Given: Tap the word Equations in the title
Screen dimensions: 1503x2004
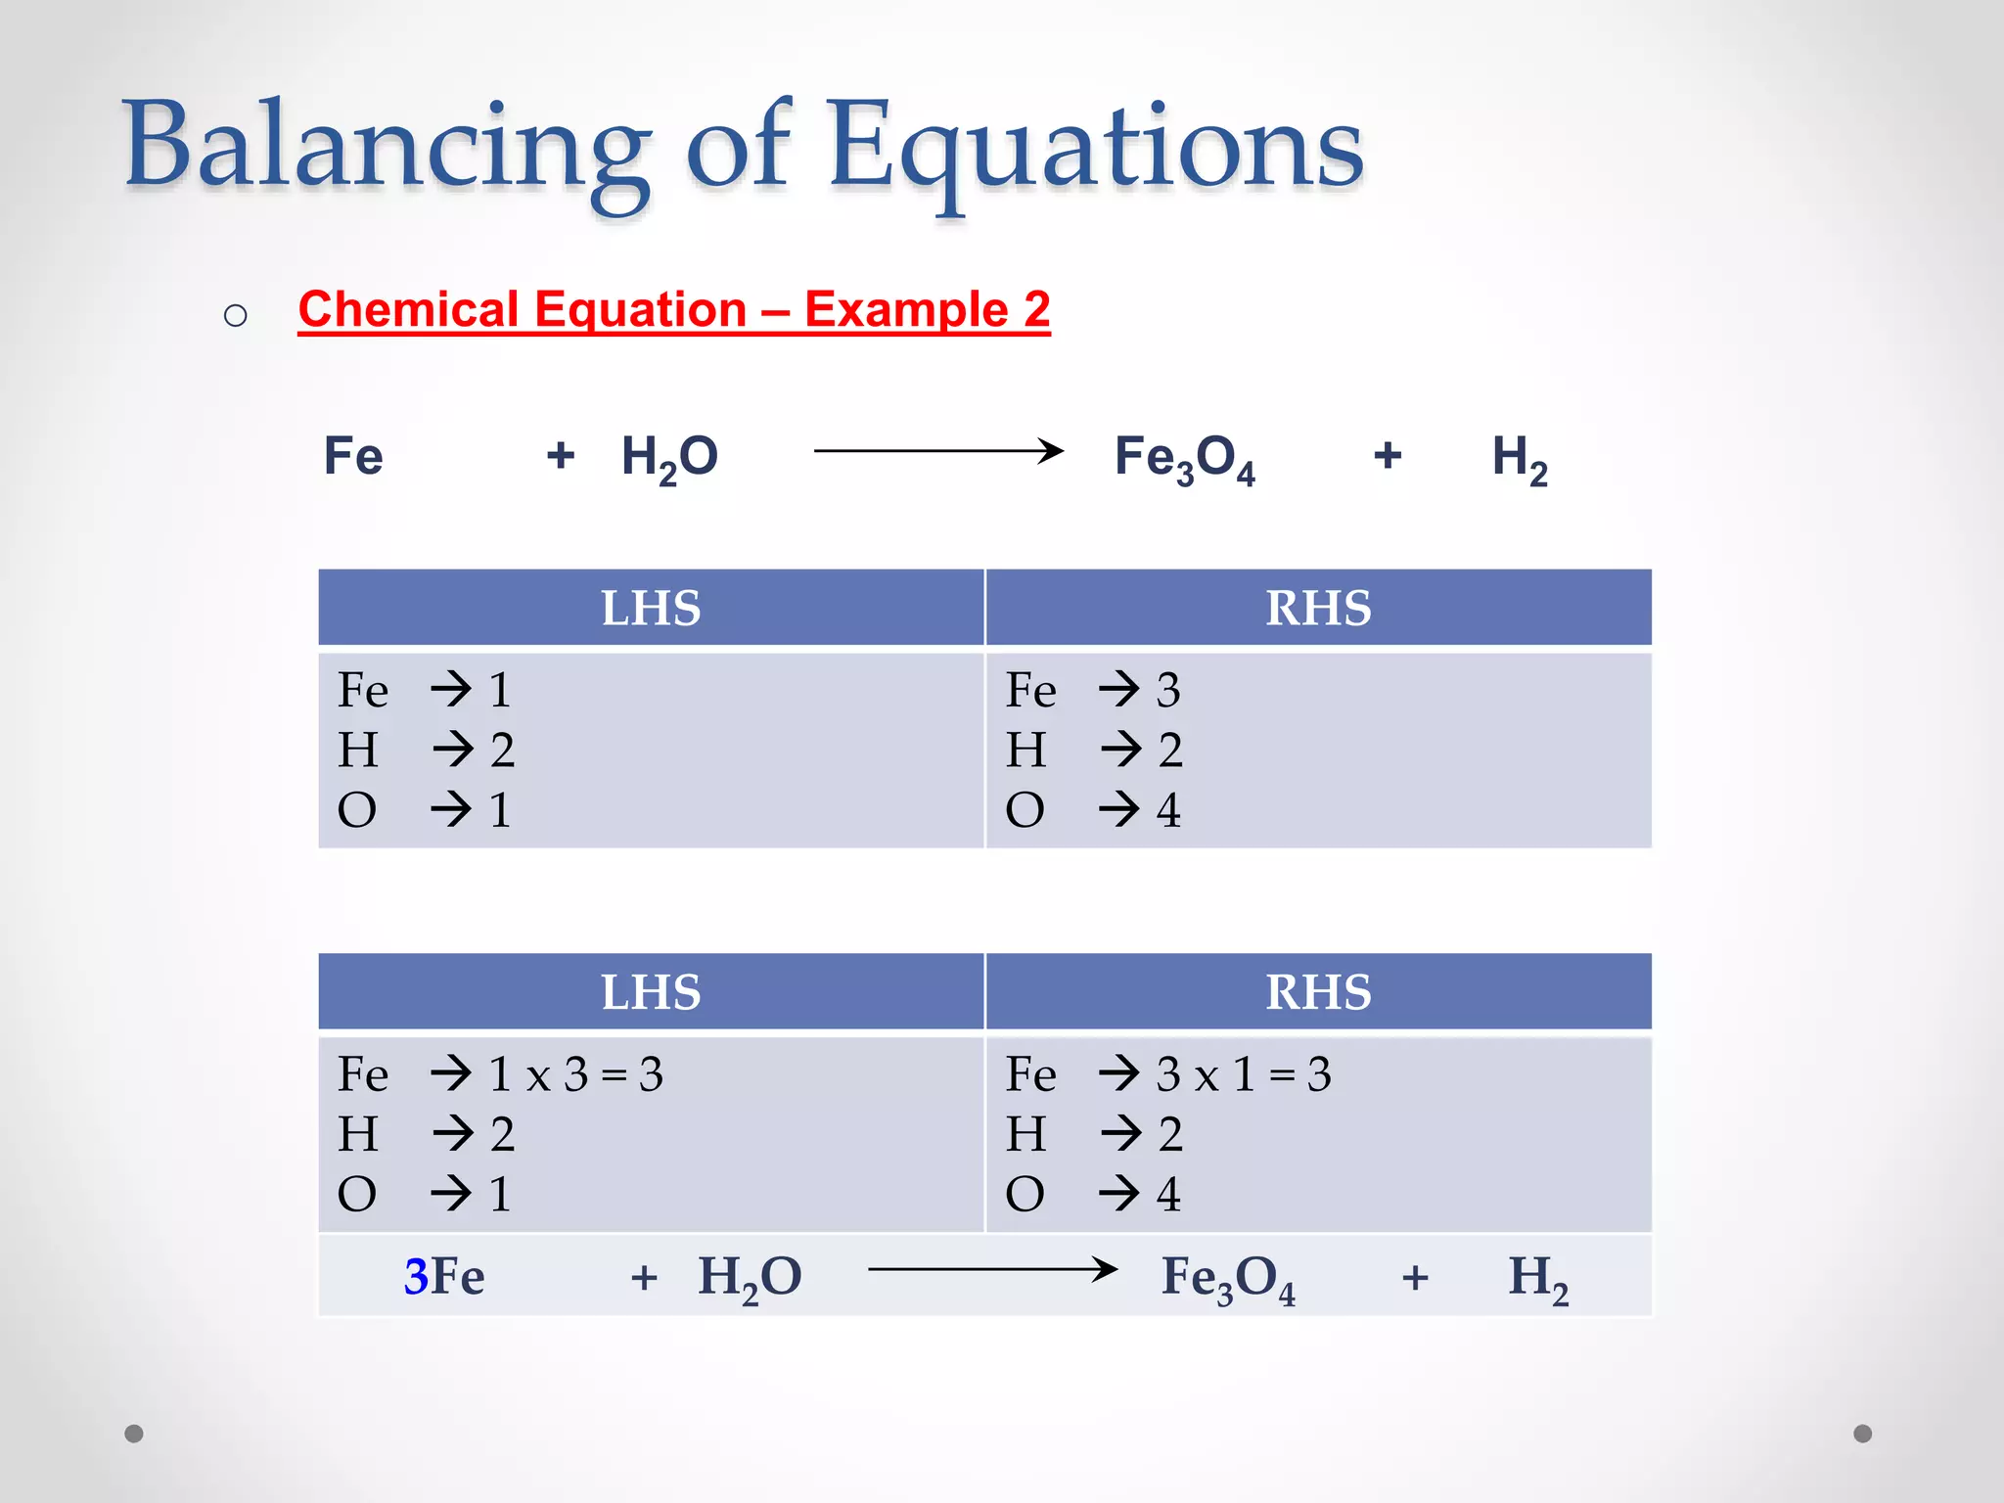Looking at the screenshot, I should [x=1096, y=147].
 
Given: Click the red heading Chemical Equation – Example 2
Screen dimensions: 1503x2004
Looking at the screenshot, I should [x=674, y=310].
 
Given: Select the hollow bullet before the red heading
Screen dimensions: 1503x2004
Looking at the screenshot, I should [x=235, y=315].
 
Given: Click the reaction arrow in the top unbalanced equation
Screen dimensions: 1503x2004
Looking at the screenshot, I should [x=937, y=451].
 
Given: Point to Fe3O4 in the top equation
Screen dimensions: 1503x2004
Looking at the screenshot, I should [x=1185, y=458].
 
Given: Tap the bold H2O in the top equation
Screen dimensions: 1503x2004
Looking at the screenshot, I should [x=669, y=458].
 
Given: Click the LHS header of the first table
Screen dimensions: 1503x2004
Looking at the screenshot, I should [x=651, y=608].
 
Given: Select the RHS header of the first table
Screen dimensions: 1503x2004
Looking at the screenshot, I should [x=1318, y=608].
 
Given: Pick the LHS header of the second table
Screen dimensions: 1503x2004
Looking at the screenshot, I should [x=651, y=992].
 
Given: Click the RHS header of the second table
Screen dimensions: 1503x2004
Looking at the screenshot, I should [x=1318, y=992].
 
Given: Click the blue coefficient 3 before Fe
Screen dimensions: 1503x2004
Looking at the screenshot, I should [x=416, y=1276].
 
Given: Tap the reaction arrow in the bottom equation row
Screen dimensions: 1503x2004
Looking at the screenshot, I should [x=992, y=1270].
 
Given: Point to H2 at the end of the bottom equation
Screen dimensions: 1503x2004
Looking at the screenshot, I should [x=1537, y=1278].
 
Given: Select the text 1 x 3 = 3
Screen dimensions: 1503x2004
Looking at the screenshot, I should [x=575, y=1074].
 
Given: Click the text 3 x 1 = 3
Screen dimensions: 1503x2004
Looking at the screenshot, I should [x=1243, y=1074].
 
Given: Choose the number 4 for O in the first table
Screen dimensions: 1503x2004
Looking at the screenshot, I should [x=1168, y=810].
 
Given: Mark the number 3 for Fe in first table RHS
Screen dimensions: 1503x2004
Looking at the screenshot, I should [x=1168, y=690].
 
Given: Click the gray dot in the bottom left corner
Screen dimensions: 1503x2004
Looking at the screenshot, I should [x=134, y=1434].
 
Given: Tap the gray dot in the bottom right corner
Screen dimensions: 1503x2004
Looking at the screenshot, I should [x=1863, y=1434].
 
